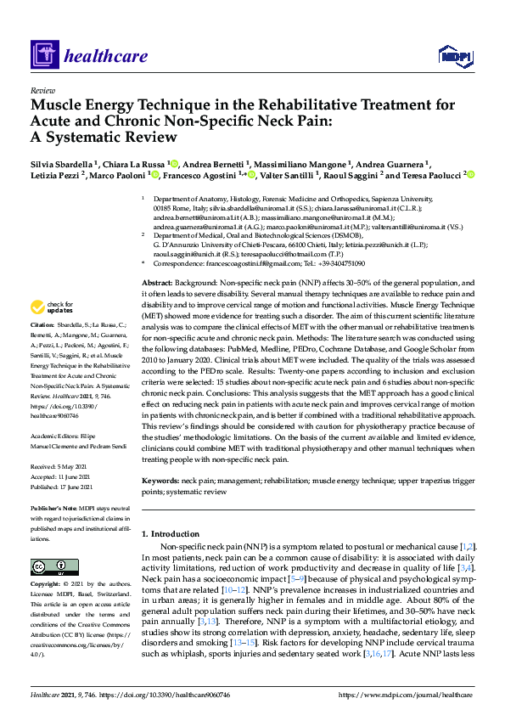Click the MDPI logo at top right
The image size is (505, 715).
click(x=454, y=56)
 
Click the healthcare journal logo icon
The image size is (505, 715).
click(x=43, y=56)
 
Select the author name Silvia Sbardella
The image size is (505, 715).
click(x=64, y=163)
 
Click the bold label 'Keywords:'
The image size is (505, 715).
click(x=161, y=480)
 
